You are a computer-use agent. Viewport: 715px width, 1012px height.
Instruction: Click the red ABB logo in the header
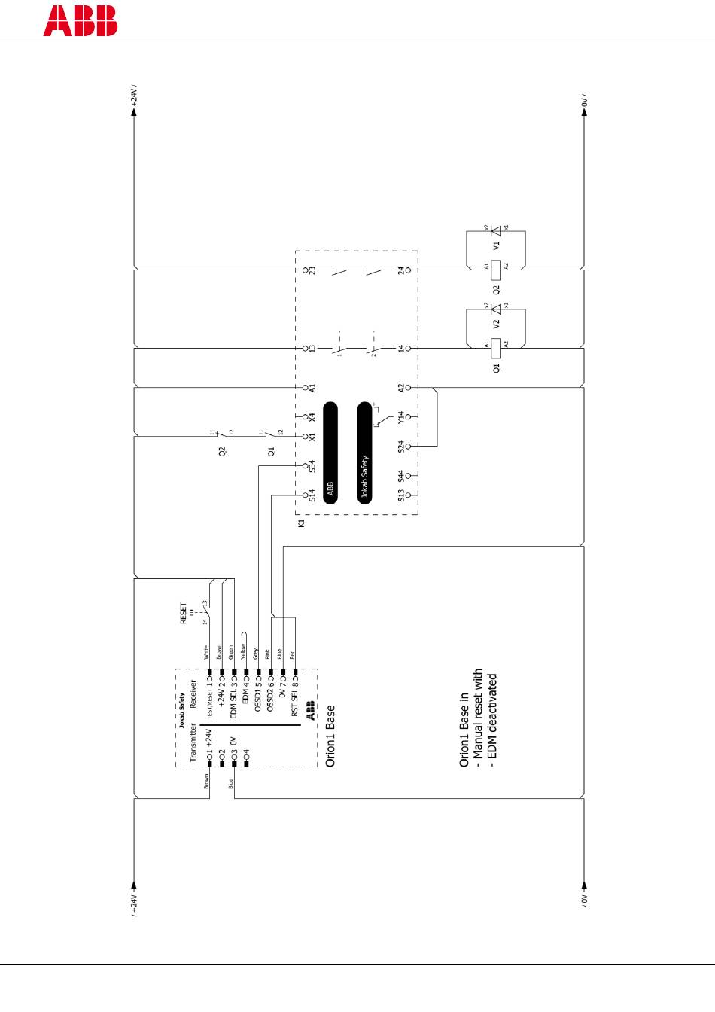(x=80, y=21)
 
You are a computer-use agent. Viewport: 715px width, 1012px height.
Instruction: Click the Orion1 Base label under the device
(x=330, y=736)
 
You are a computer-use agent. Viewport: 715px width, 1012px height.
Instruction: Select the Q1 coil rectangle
(x=496, y=347)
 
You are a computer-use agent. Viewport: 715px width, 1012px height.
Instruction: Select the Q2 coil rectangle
(x=496, y=269)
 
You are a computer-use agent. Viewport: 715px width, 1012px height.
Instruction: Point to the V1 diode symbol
(x=496, y=230)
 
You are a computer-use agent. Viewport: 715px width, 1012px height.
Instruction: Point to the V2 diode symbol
(x=496, y=309)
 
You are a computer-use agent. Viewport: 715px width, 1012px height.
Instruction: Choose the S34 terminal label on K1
(x=312, y=466)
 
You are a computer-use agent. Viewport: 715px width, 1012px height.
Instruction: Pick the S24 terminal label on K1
(x=402, y=446)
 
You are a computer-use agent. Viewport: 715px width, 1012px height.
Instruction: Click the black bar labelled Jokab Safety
(x=365, y=453)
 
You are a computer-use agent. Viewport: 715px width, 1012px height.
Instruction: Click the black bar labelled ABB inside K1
(x=330, y=453)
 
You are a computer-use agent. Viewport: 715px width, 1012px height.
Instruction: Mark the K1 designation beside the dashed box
(x=301, y=523)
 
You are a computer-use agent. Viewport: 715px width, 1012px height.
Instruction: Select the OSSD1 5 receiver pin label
(x=257, y=697)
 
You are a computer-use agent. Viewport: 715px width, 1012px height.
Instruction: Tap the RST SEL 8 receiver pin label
(x=294, y=701)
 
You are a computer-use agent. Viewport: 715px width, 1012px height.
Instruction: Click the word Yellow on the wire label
(x=243, y=651)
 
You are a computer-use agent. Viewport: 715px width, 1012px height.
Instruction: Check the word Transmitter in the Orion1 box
(x=193, y=742)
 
